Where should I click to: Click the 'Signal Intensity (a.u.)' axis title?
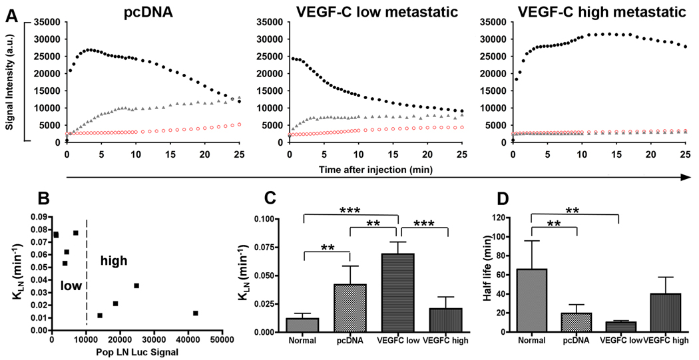(x=12, y=83)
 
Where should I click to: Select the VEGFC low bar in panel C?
(x=397, y=293)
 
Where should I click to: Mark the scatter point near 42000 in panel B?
(x=195, y=313)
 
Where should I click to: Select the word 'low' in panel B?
(x=70, y=284)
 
